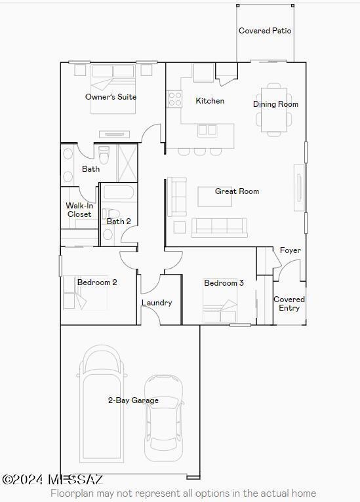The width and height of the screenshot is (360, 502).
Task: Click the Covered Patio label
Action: point(265,31)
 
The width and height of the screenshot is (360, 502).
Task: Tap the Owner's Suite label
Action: point(111,97)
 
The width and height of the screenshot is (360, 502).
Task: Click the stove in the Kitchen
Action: point(174,99)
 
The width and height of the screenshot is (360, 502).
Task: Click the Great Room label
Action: point(237,191)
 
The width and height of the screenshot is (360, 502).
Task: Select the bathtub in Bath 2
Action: point(119,193)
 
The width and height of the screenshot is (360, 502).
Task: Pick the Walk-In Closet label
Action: point(79,210)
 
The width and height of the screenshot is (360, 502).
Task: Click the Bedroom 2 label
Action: point(97,282)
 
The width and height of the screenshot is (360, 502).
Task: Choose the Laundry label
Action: point(157,303)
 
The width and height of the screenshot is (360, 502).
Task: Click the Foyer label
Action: point(290,250)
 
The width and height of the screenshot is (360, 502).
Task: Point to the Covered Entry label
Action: point(289,303)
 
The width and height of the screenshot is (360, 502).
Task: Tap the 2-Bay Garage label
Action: point(133,400)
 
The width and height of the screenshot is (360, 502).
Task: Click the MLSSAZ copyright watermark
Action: point(52,480)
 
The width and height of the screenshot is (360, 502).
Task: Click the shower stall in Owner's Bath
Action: point(127,162)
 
